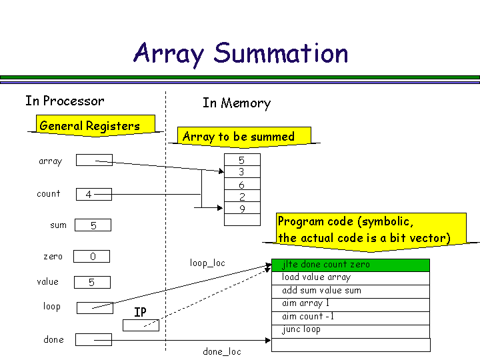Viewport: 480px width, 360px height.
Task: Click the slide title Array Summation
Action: click(241, 53)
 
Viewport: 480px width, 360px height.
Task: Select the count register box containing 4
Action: click(93, 195)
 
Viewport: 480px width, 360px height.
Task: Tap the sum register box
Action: click(93, 225)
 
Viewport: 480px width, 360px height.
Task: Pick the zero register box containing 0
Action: click(92, 257)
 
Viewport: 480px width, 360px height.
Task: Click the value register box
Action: click(92, 282)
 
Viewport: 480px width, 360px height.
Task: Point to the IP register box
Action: click(141, 325)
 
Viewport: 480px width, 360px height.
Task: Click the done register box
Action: click(93, 340)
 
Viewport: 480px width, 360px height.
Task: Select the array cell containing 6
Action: click(241, 185)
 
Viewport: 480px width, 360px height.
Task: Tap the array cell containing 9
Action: click(241, 209)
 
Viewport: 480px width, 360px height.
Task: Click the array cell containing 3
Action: click(241, 172)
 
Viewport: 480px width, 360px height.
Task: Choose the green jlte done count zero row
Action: click(351, 265)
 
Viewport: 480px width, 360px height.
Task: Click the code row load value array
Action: click(351, 277)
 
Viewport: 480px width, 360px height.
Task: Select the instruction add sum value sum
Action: click(351, 291)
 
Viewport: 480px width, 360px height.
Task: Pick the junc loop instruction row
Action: click(351, 330)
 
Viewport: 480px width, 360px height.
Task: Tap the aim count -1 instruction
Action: click(351, 317)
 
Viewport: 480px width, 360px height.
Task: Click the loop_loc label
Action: click(207, 263)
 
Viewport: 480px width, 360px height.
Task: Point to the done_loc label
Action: click(222, 351)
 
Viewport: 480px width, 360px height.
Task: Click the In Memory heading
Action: click(237, 103)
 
